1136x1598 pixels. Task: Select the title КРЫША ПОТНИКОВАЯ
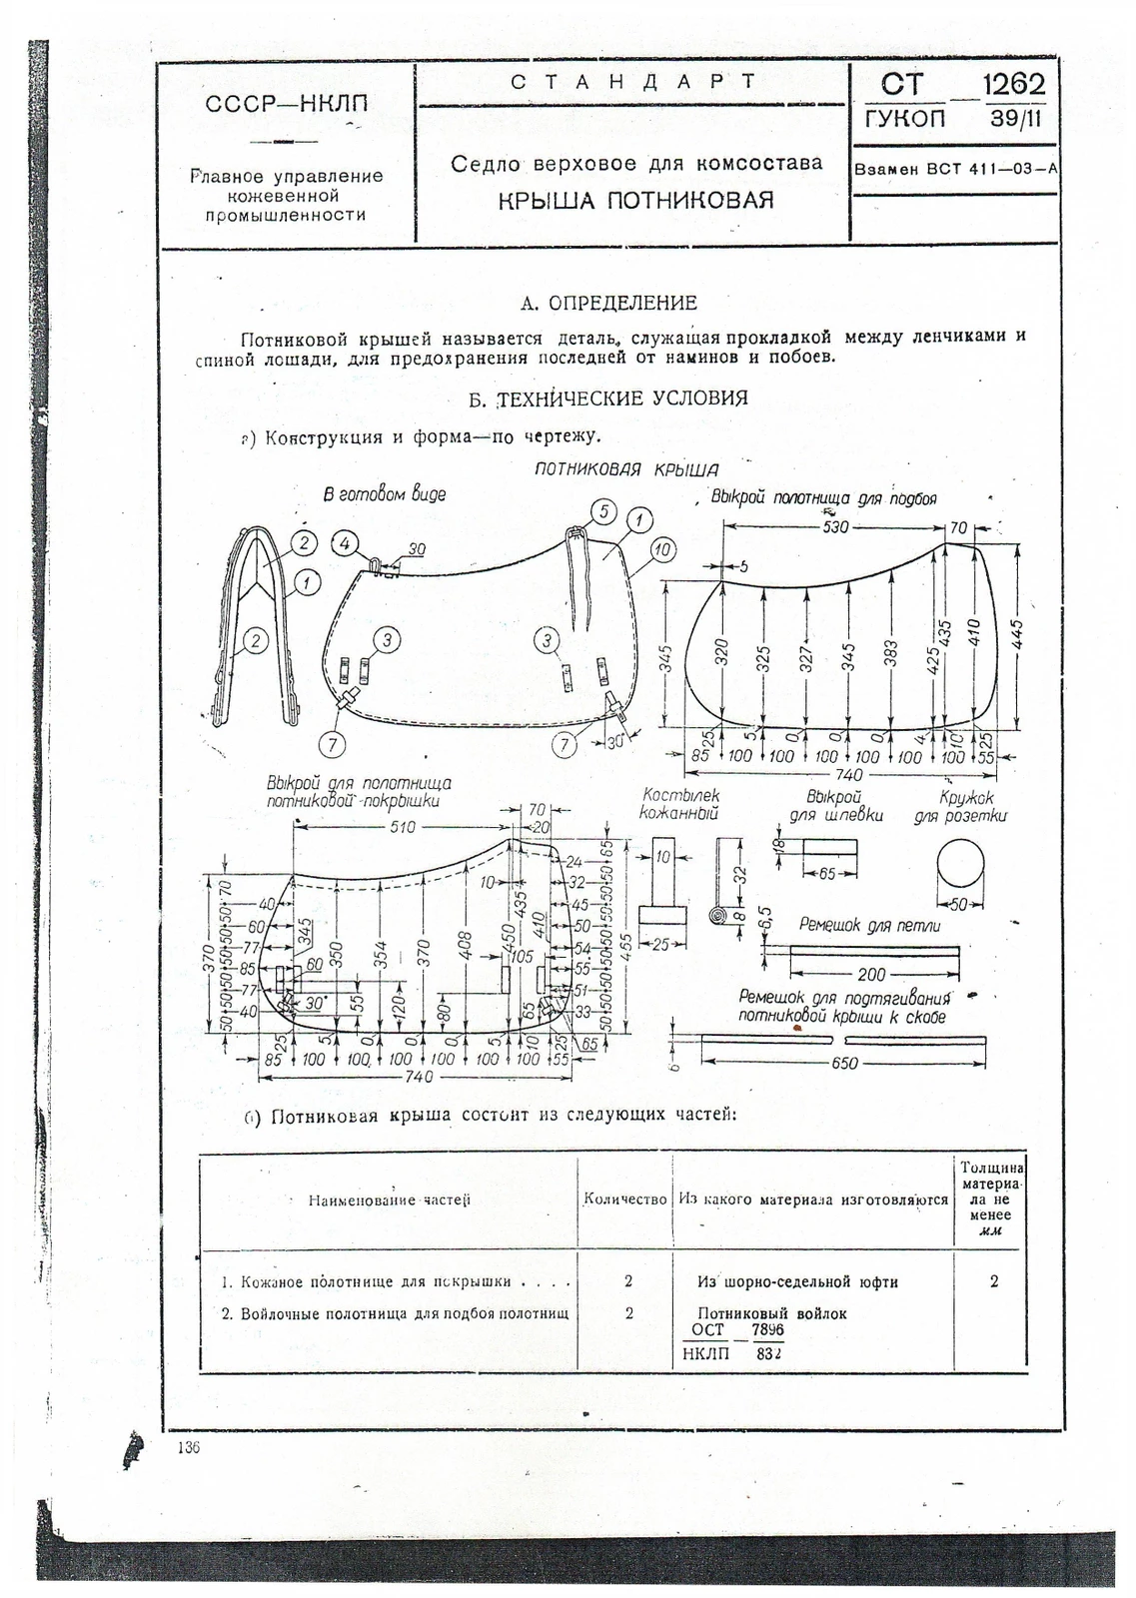click(x=635, y=200)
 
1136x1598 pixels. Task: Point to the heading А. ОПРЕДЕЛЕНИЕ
click(x=609, y=303)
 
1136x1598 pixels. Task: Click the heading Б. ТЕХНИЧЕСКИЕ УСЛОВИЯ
click(x=608, y=399)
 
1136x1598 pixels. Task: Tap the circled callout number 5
click(x=603, y=511)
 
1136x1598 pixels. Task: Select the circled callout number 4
click(x=344, y=544)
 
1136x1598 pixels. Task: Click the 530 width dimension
click(x=835, y=526)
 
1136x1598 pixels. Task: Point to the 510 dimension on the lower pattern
click(x=403, y=827)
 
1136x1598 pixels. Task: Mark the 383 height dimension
click(x=891, y=653)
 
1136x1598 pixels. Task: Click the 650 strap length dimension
click(x=844, y=1063)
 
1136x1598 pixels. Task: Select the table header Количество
click(x=624, y=1198)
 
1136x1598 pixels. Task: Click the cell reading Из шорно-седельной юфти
click(x=797, y=1281)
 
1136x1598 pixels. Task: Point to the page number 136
click(x=188, y=1448)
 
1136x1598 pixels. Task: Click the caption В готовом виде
click(x=384, y=494)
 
